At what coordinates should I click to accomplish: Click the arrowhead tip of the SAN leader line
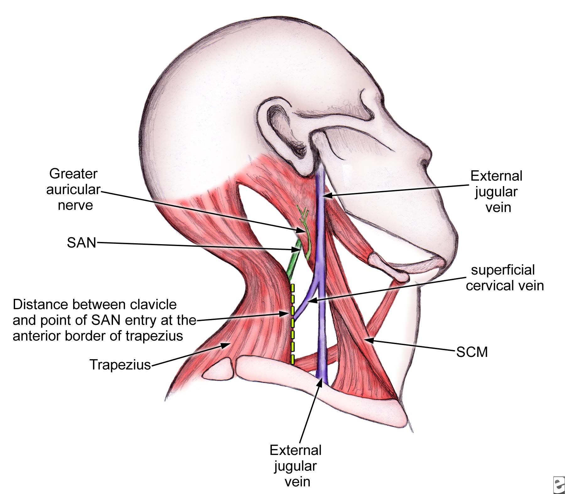[x=300, y=250]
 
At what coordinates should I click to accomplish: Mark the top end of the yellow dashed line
[x=293, y=284]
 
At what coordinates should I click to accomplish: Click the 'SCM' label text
[x=472, y=352]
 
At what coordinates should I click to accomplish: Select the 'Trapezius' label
[x=120, y=365]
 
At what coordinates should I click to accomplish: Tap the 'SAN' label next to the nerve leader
[x=81, y=243]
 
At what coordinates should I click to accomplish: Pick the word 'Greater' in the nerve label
[x=73, y=174]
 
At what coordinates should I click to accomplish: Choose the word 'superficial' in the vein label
[x=503, y=270]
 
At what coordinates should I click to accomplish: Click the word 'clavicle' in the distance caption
[x=153, y=305]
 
